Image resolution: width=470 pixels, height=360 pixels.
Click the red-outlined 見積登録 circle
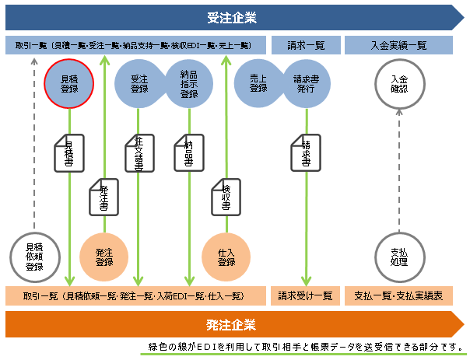69,83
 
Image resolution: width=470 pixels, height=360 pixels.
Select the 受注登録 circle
140,83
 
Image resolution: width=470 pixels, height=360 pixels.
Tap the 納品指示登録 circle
188,83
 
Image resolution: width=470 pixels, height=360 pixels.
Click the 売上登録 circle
258,83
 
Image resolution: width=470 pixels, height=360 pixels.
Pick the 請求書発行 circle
305,83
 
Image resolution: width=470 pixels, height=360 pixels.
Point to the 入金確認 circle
398,83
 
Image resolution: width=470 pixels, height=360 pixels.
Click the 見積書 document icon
68,152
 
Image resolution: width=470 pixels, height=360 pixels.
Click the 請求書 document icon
305,152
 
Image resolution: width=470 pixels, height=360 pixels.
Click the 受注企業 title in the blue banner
231,17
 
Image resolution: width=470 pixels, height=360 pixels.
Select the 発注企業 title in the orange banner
231,324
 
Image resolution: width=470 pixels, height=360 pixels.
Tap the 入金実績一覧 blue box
398,45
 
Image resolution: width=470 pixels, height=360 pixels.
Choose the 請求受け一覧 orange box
305,296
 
